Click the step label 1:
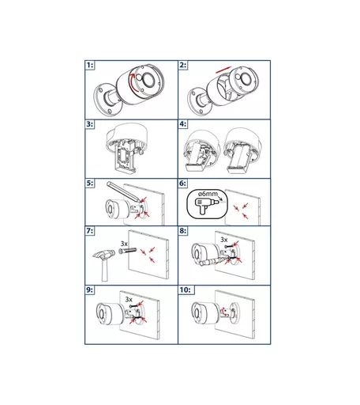point(90,65)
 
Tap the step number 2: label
point(183,65)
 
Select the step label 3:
point(90,124)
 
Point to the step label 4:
point(183,124)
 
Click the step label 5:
point(90,184)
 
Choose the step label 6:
point(183,184)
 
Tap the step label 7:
point(90,231)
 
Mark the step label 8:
point(183,231)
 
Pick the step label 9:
point(90,290)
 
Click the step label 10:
point(185,290)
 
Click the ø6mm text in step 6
point(208,194)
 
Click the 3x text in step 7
point(124,244)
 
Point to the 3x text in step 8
point(224,240)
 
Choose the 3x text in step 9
point(129,300)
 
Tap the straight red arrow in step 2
point(223,70)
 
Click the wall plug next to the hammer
point(127,251)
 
